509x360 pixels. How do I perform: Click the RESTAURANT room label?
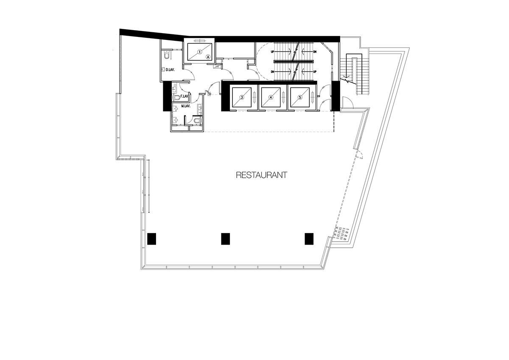point(262,175)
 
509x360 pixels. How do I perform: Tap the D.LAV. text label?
point(170,70)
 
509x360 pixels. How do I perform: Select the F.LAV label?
point(184,96)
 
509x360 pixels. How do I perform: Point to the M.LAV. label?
point(186,106)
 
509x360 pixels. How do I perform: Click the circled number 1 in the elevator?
point(200,52)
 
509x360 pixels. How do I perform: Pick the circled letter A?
point(208,57)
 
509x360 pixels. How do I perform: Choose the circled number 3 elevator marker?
point(242,97)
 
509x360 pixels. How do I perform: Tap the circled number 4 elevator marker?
point(271,97)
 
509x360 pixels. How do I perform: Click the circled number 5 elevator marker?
point(300,97)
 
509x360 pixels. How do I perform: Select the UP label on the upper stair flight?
point(272,52)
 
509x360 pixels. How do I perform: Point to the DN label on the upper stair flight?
point(315,52)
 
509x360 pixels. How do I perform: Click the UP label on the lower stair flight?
point(315,72)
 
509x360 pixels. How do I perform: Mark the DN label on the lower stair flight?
point(272,72)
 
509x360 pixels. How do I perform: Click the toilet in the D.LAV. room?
point(167,55)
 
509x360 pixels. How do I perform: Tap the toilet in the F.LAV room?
point(176,98)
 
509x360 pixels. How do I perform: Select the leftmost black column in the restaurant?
point(151,239)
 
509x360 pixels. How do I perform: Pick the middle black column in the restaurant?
point(225,239)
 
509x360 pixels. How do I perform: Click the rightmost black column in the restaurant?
point(309,239)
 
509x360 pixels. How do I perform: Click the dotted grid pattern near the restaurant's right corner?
point(341,233)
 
